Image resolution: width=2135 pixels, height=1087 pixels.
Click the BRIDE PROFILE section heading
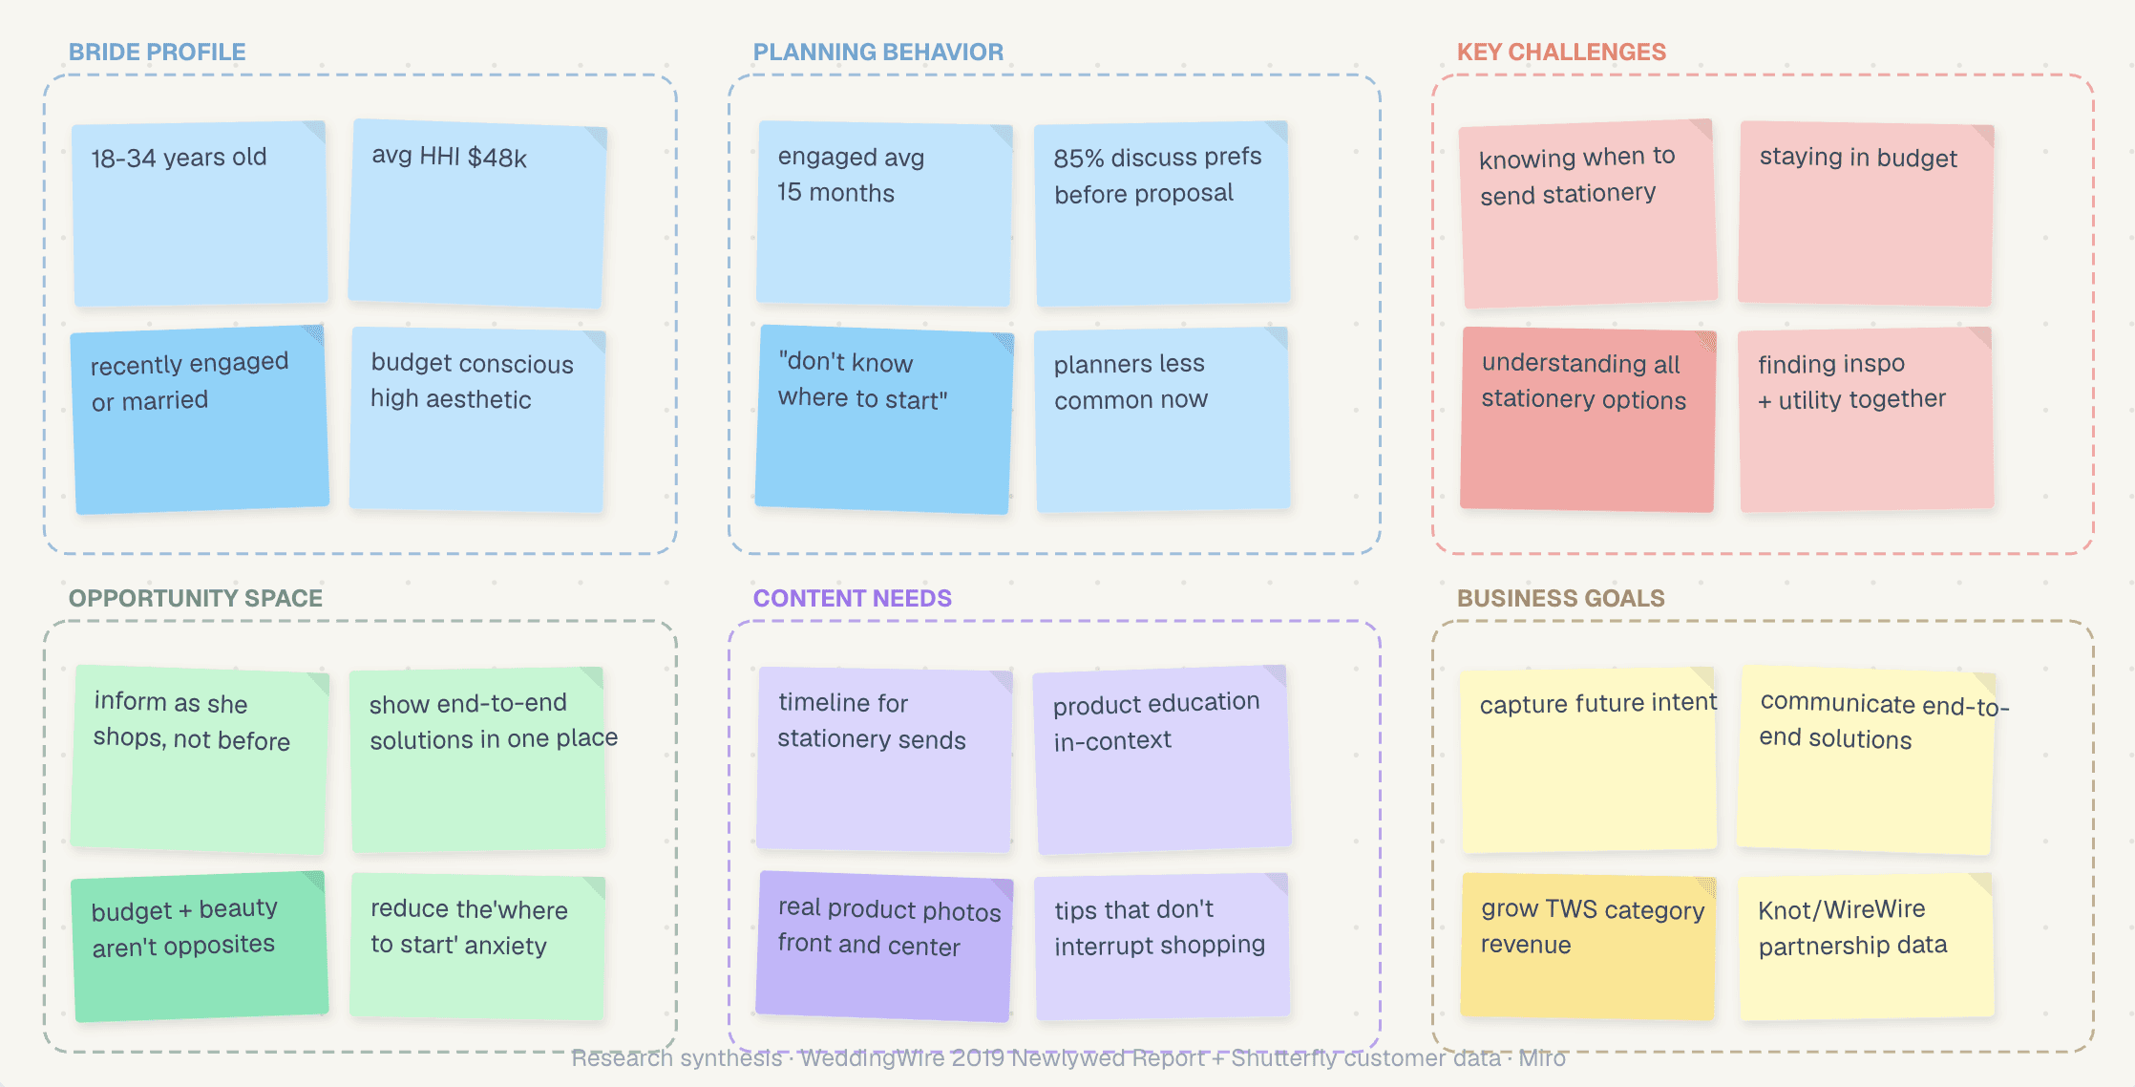tap(157, 52)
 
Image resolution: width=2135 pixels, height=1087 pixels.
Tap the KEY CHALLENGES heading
tap(1561, 52)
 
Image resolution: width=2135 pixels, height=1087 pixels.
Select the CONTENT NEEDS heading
tap(852, 598)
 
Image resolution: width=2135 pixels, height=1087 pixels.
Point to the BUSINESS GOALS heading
tap(1560, 598)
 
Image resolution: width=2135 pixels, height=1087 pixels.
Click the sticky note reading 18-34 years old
tap(201, 213)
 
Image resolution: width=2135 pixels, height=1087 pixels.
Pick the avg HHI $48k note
tap(477, 213)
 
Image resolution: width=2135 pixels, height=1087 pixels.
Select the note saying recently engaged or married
tap(201, 419)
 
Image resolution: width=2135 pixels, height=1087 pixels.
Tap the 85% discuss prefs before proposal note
tap(1162, 213)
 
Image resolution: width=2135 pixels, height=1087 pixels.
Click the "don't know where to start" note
tap(884, 419)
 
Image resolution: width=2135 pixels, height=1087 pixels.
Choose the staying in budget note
tap(1866, 213)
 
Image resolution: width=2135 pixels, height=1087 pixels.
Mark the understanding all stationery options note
tap(1588, 419)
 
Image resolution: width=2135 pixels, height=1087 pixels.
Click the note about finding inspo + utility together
tap(1866, 419)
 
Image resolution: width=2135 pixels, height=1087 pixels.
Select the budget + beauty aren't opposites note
tap(201, 946)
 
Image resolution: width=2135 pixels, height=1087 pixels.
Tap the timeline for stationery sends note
tap(884, 759)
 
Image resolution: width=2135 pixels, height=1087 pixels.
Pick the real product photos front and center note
tap(884, 946)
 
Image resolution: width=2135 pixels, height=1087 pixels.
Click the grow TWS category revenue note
tap(1588, 946)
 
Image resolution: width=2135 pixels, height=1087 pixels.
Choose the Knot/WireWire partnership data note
tap(1866, 946)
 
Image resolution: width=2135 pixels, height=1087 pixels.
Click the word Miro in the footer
tap(1541, 1058)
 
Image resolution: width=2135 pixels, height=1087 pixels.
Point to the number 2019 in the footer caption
tap(978, 1058)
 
